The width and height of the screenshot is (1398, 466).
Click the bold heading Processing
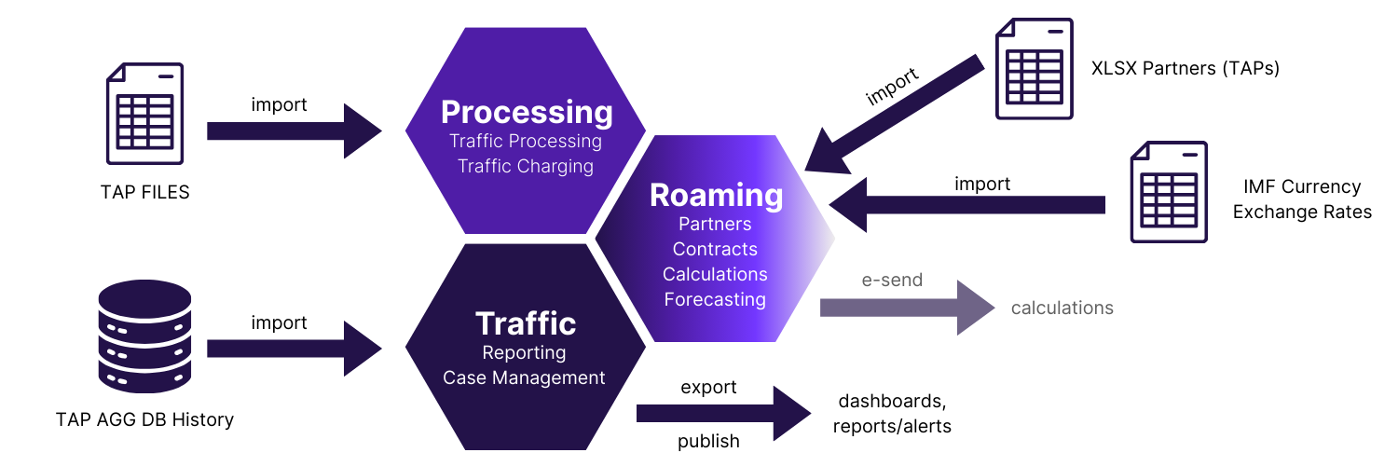[527, 112]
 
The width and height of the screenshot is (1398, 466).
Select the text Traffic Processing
[526, 142]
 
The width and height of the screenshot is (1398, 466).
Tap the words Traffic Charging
[526, 167]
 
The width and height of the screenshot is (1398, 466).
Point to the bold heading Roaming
[716, 195]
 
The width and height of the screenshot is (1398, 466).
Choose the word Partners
[715, 225]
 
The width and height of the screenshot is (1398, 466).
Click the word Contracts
[715, 250]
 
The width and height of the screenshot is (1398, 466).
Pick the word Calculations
[715, 275]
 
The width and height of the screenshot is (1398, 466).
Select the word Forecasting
[715, 300]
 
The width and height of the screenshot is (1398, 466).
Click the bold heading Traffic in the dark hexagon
[526, 323]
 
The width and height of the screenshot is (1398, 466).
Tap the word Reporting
[524, 353]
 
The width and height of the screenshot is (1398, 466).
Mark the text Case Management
[524, 378]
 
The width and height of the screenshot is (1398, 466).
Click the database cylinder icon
[144, 336]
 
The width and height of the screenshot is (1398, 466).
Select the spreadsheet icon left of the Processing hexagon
[144, 114]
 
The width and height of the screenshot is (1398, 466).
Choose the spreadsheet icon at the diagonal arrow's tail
[1035, 69]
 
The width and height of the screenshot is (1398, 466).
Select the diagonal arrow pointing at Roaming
[895, 116]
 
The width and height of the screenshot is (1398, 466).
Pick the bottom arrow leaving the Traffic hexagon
[722, 413]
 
